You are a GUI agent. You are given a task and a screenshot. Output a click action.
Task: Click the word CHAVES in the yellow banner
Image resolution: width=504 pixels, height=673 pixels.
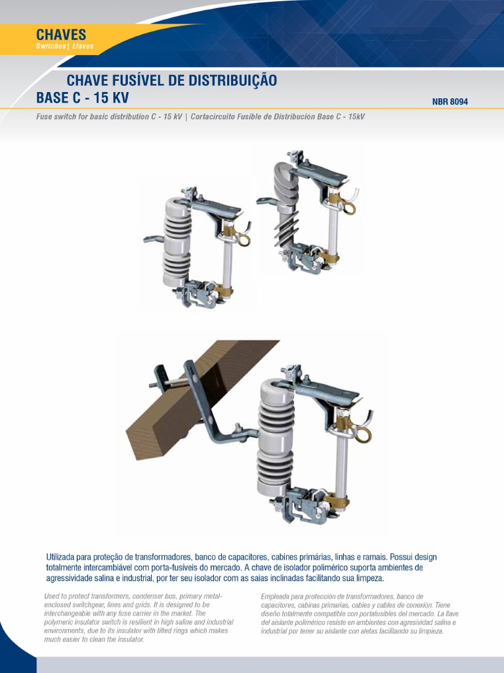click(x=61, y=34)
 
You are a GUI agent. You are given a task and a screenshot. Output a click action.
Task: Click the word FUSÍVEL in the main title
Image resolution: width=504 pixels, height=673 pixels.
click(x=138, y=81)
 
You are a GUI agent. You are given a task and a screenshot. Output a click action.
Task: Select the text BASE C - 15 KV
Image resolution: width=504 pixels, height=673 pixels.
click(x=83, y=99)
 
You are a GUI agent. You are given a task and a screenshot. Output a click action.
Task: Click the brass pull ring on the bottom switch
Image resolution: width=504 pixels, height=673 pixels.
click(x=362, y=434)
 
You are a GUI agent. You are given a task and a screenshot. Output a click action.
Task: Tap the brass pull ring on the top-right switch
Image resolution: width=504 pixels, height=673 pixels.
click(x=348, y=208)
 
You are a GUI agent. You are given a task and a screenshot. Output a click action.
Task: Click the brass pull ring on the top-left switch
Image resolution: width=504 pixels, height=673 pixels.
click(x=243, y=239)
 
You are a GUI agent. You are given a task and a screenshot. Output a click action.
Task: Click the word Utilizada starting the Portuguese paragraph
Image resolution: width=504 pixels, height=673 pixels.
click(x=65, y=557)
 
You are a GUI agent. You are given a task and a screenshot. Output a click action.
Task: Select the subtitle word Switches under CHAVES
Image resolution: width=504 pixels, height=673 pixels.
click(x=51, y=47)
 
